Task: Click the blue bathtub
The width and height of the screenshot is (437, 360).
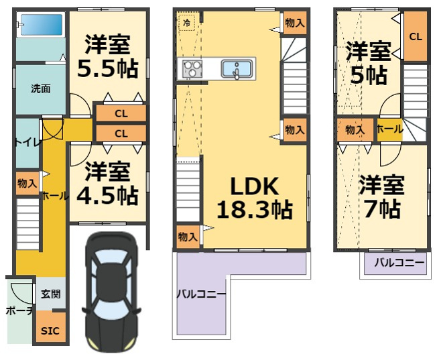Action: pyautogui.click(x=42, y=25)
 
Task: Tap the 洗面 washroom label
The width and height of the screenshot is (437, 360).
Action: pyautogui.click(x=41, y=89)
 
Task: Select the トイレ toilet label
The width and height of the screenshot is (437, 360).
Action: pyautogui.click(x=27, y=143)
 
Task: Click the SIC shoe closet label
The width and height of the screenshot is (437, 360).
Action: pyautogui.click(x=50, y=331)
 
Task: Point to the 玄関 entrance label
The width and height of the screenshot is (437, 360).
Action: pyautogui.click(x=51, y=294)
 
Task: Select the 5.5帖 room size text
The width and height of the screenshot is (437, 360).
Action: pyautogui.click(x=108, y=68)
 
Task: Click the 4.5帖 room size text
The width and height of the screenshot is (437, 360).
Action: pyautogui.click(x=108, y=196)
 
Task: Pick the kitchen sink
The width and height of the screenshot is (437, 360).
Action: pyautogui.click(x=237, y=69)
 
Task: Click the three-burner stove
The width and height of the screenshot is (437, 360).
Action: pyautogui.click(x=192, y=69)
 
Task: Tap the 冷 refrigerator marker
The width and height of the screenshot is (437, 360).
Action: pyautogui.click(x=187, y=23)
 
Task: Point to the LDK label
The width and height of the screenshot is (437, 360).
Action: pyautogui.click(x=255, y=186)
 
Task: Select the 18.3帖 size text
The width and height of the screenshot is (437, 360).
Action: pyautogui.click(x=255, y=210)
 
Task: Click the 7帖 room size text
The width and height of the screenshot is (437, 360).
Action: pyautogui.click(x=382, y=208)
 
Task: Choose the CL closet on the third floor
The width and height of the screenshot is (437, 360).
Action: pyautogui.click(x=416, y=36)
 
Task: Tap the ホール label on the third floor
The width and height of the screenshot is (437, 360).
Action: pyautogui.click(x=390, y=129)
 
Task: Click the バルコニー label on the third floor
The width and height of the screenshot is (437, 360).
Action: pyautogui.click(x=399, y=262)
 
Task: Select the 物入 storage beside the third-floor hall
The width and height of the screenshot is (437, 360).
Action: pyautogui.click(x=355, y=129)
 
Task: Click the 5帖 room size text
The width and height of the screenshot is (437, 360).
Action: pyautogui.click(x=369, y=75)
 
